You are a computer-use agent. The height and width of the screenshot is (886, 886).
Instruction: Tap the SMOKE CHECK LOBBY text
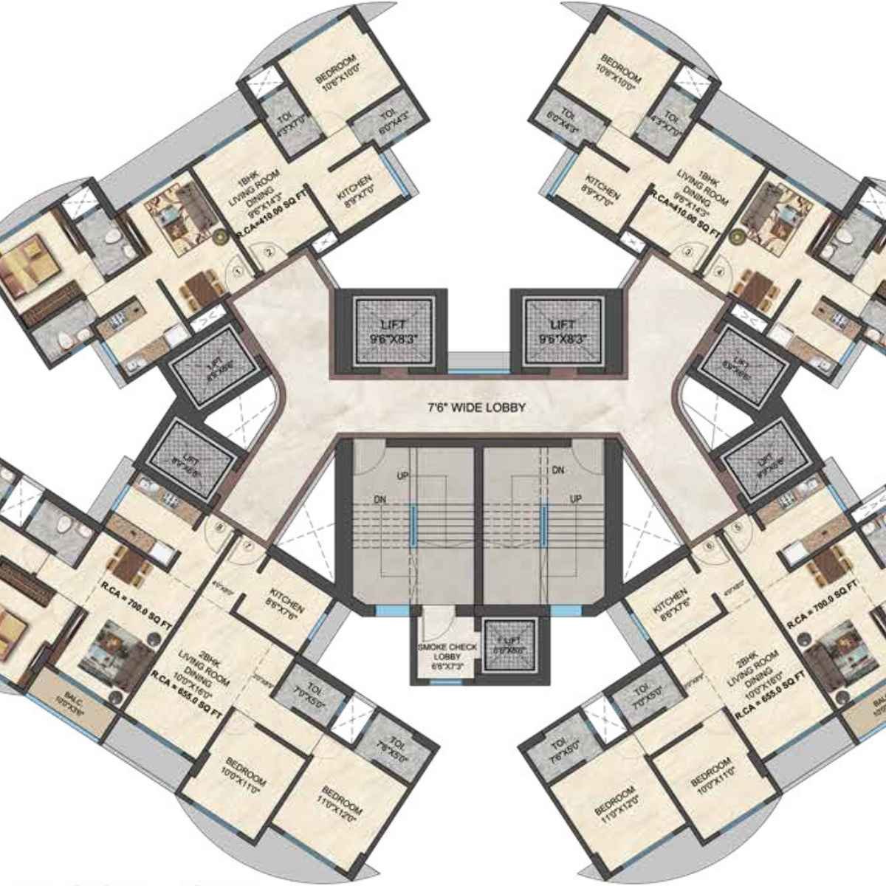point(446,652)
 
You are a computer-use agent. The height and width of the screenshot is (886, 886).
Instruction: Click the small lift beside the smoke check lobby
point(509,645)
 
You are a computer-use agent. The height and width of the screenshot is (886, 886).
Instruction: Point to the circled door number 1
point(238,272)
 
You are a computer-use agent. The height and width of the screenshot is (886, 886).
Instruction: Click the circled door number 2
point(269,253)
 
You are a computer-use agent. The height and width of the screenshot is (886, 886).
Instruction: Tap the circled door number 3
point(688,253)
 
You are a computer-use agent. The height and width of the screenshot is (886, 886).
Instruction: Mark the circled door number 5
point(738,528)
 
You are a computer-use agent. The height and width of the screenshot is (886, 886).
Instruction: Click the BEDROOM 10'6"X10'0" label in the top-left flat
point(336,69)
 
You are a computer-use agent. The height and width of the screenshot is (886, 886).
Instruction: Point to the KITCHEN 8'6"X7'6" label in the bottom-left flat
point(286,605)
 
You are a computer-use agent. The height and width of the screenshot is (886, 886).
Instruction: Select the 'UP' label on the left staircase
point(402,475)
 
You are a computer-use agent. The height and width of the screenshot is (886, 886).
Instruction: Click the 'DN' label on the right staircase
point(558,470)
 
